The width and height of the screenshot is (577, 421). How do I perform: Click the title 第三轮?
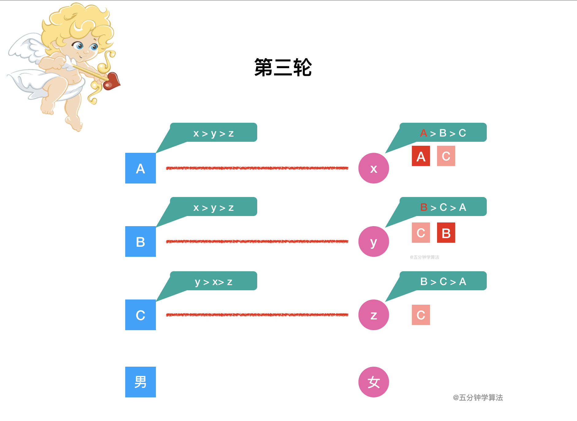pos(283,68)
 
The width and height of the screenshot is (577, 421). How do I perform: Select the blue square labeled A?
pos(141,168)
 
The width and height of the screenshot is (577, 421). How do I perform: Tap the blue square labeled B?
pos(141,241)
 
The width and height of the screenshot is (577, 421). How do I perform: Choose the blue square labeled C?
pos(141,315)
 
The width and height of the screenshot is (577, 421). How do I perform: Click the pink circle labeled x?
pos(374,168)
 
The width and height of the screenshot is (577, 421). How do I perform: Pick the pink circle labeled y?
pos(374,241)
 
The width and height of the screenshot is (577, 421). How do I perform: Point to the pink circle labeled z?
pos(374,315)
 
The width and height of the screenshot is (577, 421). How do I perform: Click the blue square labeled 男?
pos(141,382)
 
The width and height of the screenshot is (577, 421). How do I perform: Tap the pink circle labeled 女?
pos(374,382)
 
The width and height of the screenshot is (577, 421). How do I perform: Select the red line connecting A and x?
pos(257,168)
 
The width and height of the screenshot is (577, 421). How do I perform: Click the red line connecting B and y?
pos(257,241)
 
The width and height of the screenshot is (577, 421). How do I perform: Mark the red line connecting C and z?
pos(257,315)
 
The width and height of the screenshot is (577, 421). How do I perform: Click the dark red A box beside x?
pos(421,156)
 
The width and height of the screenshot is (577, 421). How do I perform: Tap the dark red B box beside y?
pos(446,233)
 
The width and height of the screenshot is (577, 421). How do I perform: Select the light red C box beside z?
pos(421,315)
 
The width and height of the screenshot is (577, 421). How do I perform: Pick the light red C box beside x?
pos(446,156)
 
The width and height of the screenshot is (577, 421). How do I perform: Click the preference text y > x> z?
pos(214,282)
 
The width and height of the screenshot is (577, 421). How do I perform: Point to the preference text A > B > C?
pos(443,133)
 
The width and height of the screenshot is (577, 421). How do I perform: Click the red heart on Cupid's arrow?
pos(112,81)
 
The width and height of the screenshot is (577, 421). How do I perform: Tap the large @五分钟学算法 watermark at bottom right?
pos(478,398)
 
